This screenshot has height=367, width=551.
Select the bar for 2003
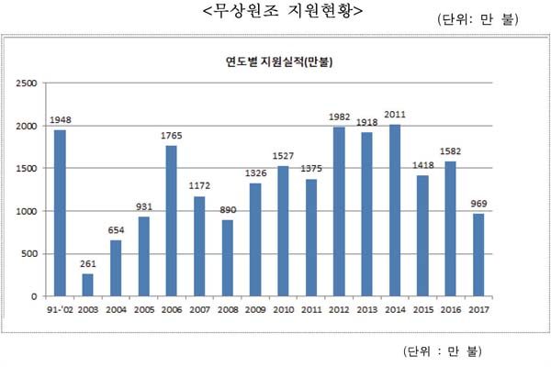(88, 284)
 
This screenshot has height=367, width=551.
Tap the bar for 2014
(395, 210)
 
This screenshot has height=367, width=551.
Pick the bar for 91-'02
(61, 213)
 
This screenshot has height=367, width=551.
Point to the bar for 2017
(478, 255)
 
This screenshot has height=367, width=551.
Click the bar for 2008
(228, 258)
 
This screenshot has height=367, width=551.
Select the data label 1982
(340, 118)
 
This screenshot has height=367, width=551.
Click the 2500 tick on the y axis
(28, 83)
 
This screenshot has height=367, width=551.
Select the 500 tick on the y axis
(30, 254)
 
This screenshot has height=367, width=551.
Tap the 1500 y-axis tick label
(28, 169)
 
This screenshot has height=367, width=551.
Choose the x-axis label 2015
(422, 309)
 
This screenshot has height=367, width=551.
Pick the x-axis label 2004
(116, 309)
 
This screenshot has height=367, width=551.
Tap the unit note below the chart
(442, 351)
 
